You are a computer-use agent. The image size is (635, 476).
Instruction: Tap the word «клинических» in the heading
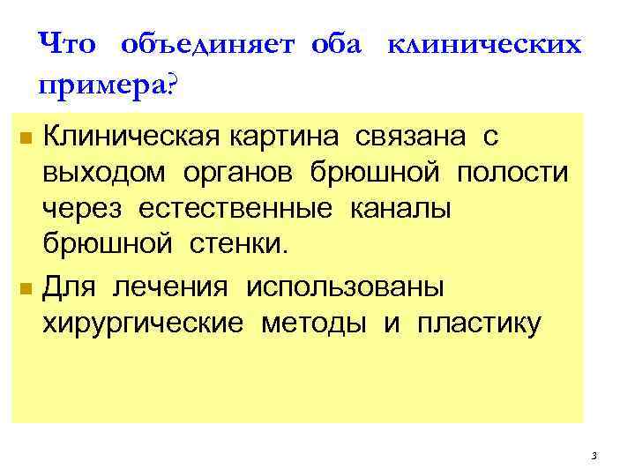[484, 44]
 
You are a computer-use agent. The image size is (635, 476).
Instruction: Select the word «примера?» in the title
[107, 86]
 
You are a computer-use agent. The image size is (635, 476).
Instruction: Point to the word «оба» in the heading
[335, 44]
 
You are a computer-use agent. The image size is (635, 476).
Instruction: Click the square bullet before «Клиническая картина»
[26, 139]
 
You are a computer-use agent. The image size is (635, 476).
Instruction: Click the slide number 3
[594, 456]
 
